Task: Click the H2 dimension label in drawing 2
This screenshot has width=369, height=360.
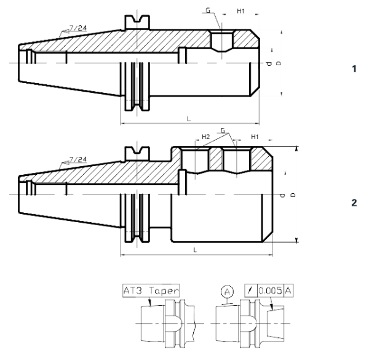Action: tap(206, 137)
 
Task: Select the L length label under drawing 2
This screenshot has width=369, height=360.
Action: tap(195, 249)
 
